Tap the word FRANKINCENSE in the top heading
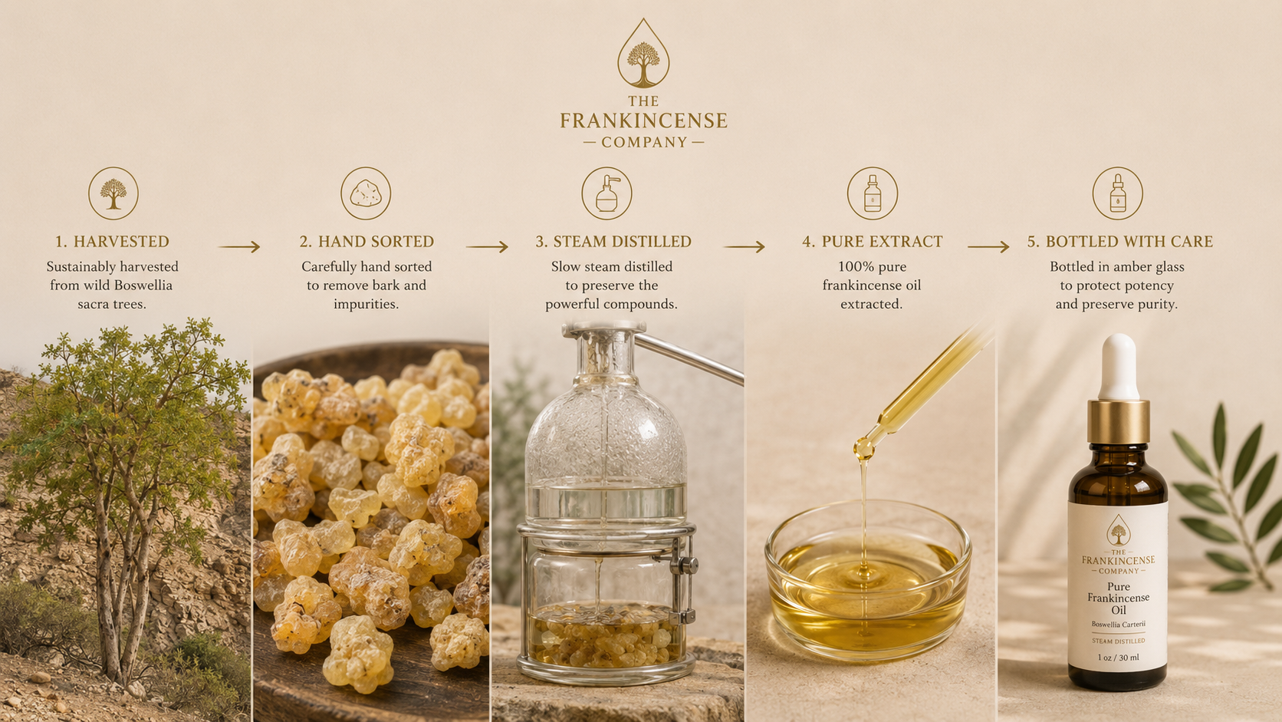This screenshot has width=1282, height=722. point(643,120)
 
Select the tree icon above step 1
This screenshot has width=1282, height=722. point(113,193)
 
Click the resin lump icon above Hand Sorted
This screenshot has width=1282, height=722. point(366,193)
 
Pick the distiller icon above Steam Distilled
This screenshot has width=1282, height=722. point(606,193)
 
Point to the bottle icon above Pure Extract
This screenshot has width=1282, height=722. point(873,193)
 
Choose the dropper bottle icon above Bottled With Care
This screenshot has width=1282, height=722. point(1117,193)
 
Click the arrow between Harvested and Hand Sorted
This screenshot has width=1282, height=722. point(240,247)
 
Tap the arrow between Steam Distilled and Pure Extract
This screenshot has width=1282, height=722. point(745,247)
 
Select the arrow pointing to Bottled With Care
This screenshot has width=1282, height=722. point(988,247)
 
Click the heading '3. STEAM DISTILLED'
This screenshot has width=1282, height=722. point(613,242)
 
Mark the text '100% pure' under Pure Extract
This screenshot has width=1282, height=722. point(872,267)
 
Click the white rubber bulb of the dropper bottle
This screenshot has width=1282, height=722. point(1119,368)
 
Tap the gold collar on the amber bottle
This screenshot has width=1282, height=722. point(1119,421)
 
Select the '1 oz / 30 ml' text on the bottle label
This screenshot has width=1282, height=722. point(1119,658)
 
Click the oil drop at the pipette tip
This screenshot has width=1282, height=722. point(863,449)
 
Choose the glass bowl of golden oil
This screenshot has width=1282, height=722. point(868,580)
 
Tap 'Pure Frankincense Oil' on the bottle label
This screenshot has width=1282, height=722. point(1119,598)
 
